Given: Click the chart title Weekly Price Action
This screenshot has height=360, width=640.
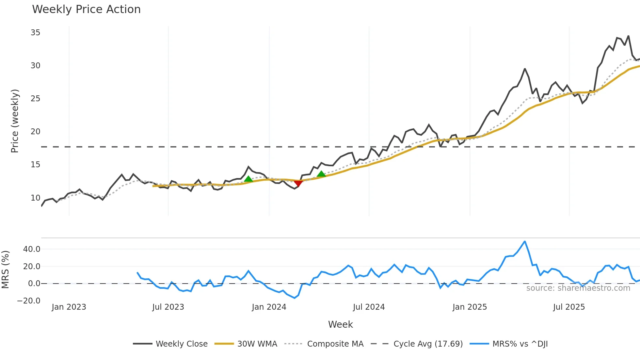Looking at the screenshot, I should point(86,9).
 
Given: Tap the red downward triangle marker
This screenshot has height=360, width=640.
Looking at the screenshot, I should point(298,183).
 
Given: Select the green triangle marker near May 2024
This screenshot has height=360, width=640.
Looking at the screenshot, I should point(321,174).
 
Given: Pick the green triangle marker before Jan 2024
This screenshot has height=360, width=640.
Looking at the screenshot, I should point(248,179).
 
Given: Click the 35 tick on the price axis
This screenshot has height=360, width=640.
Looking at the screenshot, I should point(35,33).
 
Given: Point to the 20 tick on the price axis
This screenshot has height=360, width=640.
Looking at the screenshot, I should point(35,132).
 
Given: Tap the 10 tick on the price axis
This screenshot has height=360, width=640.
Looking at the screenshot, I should point(35,198).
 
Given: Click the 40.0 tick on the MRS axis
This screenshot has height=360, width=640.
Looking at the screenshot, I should point(32,249).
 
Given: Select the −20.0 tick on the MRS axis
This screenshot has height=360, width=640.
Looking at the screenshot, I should point(29,301).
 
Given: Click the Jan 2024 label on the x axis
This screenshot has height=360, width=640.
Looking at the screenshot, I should point(269,307).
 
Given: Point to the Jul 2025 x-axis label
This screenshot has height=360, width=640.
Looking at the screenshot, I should point(569,307).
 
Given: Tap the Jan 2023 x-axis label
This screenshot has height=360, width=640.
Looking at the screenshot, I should point(69,307).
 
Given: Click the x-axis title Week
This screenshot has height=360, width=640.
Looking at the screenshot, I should point(340,324).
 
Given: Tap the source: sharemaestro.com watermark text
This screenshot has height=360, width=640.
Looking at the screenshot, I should point(578,288).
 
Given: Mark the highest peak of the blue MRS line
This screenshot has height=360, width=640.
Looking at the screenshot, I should point(525,242).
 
